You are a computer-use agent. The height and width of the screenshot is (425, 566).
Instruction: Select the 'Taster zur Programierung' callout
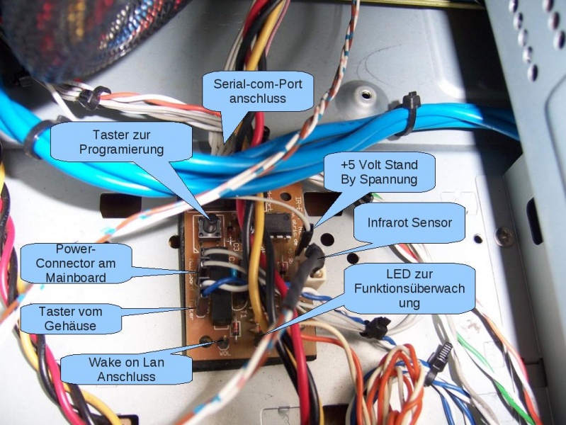122,141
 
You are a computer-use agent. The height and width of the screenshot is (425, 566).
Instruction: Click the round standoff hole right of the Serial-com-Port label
366,94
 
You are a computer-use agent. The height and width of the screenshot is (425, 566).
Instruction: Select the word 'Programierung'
122,149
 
